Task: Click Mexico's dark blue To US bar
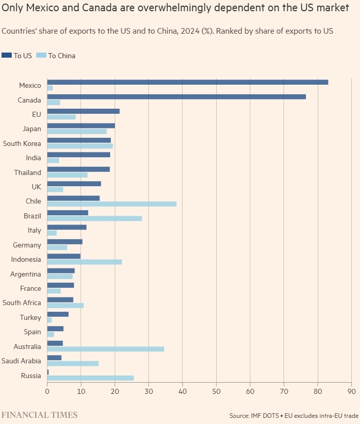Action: click(x=188, y=82)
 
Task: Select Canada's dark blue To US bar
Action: click(x=176, y=96)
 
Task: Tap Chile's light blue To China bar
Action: click(x=112, y=204)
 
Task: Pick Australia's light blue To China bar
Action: click(x=106, y=349)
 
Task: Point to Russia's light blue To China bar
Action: click(x=90, y=378)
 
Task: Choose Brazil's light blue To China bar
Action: click(x=94, y=218)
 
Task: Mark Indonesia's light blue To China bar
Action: click(x=85, y=262)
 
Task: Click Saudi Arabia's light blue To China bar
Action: click(x=73, y=363)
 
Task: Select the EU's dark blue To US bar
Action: click(x=83, y=111)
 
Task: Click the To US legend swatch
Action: click(x=7, y=55)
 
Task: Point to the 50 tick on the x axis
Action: click(x=216, y=392)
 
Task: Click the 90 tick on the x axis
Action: click(x=351, y=392)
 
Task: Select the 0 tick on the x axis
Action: click(x=47, y=392)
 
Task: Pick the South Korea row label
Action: click(x=22, y=143)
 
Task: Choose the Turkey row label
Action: click(x=31, y=317)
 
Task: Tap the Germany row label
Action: click(x=27, y=245)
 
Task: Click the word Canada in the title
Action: click(x=100, y=8)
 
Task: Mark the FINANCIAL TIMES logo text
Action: click(x=39, y=415)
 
